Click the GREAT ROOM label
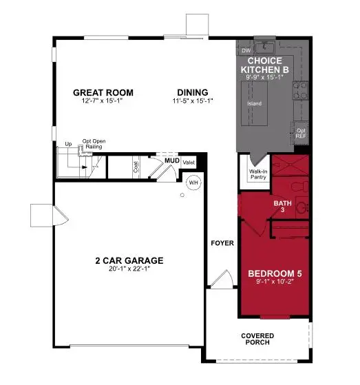[x=104, y=93]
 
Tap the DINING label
[x=193, y=93]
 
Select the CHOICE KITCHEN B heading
[x=265, y=65]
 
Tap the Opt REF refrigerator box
[x=301, y=132]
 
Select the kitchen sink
[x=265, y=46]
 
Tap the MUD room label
[x=171, y=161]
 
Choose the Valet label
[x=188, y=161]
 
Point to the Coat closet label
[x=136, y=167]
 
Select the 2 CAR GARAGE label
[x=129, y=260]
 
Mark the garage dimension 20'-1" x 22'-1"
[x=129, y=269]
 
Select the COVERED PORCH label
[x=257, y=340]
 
